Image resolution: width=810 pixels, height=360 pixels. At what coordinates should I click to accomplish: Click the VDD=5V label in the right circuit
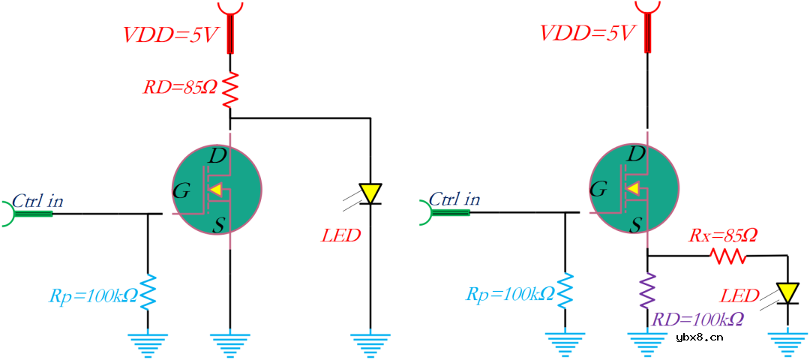coord(587,34)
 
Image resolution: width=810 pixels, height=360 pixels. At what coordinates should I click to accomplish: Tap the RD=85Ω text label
coord(180,88)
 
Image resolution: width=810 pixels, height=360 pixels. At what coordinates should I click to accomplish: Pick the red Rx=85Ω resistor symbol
coord(730,256)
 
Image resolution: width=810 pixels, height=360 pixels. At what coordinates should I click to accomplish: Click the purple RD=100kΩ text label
coord(697,319)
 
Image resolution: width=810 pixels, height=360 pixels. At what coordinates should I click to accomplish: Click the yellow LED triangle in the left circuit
coord(370,193)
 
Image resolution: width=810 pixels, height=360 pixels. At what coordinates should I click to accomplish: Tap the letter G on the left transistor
coord(181,191)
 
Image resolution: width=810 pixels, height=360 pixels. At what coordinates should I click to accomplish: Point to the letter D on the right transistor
coord(635,155)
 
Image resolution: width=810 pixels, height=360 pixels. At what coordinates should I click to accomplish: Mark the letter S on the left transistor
coord(218,224)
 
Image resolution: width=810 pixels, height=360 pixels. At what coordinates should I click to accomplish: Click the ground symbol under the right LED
coord(788,345)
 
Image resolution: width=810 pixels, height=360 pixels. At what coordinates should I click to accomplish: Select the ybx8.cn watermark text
coord(699,337)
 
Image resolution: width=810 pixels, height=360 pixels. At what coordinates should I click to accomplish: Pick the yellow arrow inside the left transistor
coord(216,190)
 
